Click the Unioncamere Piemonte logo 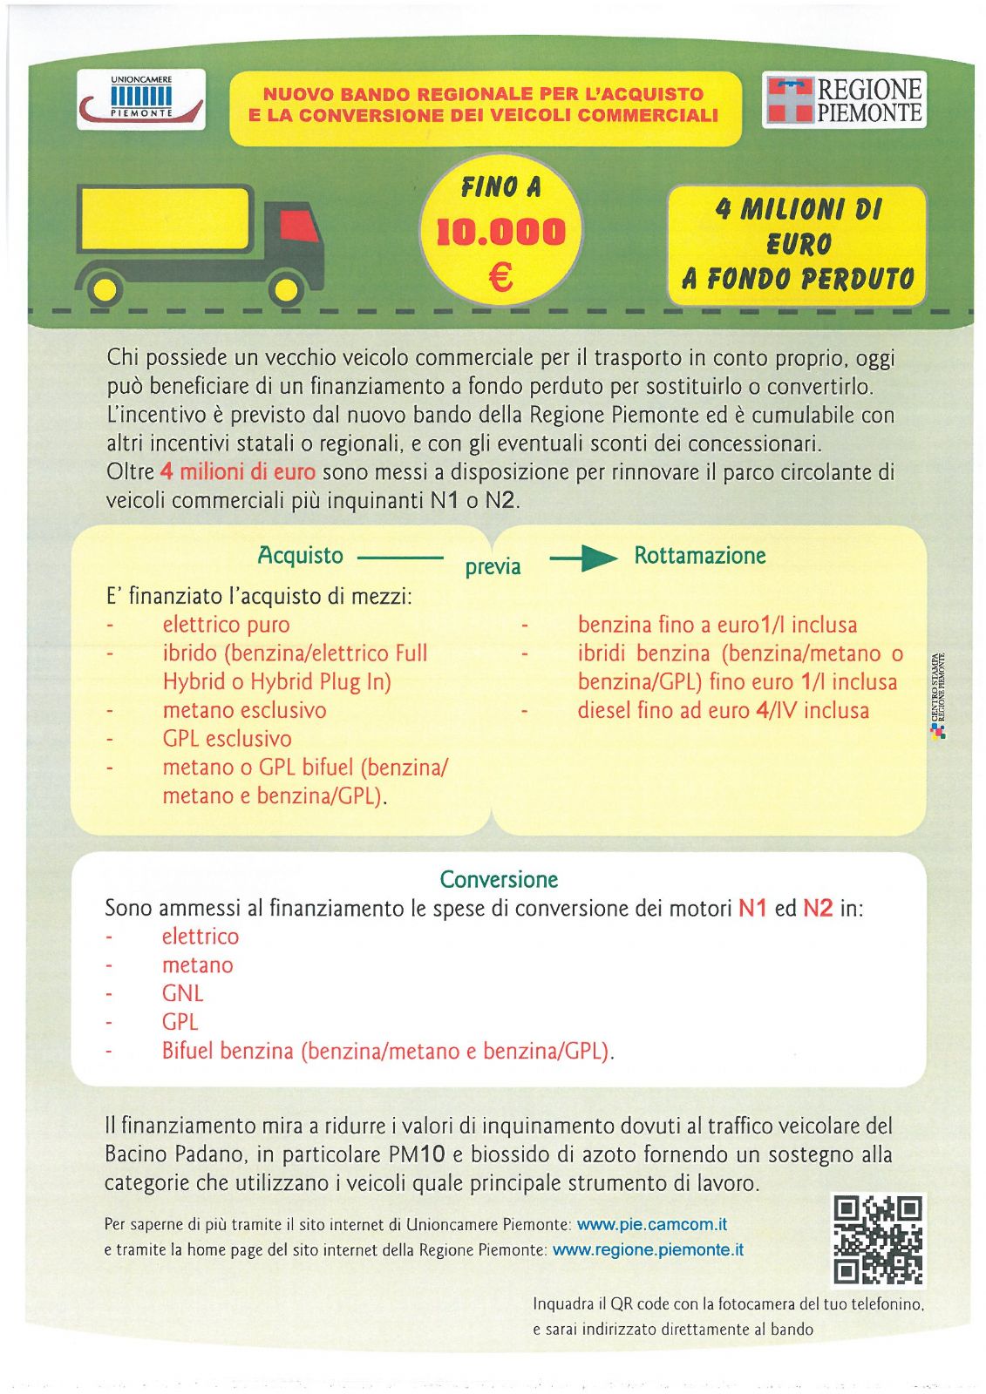[141, 98]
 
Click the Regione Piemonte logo [843, 99]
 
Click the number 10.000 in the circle [500, 233]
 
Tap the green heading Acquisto [300, 556]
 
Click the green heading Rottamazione [699, 556]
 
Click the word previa [493, 567]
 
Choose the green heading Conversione [499, 879]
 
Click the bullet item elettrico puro [226, 625]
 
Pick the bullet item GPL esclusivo [227, 739]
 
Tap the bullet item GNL [182, 993]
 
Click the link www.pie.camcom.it [651, 1224]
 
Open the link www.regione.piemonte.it [648, 1249]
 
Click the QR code [877, 1239]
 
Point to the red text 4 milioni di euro [237, 472]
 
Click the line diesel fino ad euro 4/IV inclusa [723, 711]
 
